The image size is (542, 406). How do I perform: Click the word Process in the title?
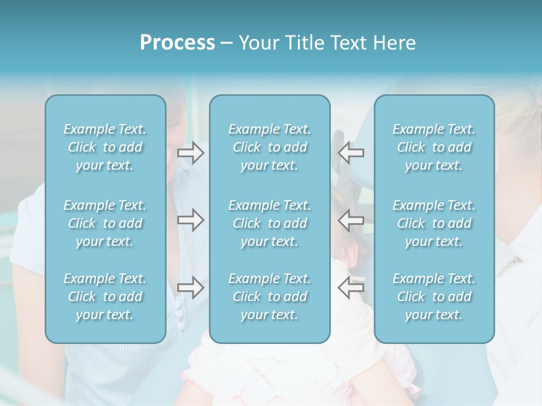[x=177, y=42]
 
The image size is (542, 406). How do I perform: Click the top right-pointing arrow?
[x=190, y=153]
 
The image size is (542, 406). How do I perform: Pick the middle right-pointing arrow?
[x=190, y=220]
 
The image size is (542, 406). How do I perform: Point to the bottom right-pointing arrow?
[x=190, y=288]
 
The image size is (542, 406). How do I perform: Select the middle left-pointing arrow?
[x=351, y=220]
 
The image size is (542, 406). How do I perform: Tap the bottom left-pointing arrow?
[x=351, y=288]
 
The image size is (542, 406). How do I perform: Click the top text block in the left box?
[x=105, y=147]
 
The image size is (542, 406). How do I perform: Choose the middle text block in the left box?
[x=105, y=223]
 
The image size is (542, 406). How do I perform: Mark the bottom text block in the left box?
[x=105, y=297]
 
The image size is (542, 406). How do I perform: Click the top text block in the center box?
[x=269, y=147]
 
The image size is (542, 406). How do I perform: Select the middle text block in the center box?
[x=269, y=223]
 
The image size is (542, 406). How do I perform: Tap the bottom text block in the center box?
[x=269, y=297]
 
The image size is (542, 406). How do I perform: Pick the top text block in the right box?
[x=434, y=147]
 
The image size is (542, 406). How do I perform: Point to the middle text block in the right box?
[x=434, y=223]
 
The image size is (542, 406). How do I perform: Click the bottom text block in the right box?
[x=434, y=297]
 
